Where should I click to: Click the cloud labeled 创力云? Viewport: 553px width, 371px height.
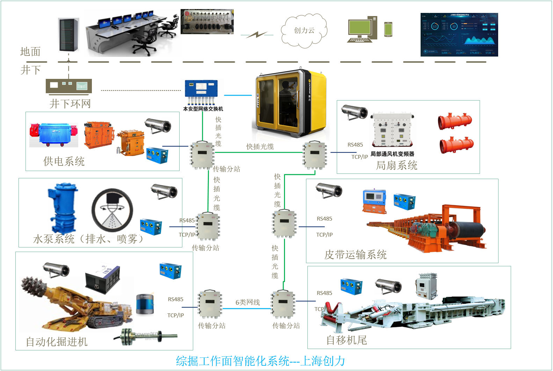click(x=304, y=31)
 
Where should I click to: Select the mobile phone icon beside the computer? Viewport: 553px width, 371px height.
click(x=388, y=29)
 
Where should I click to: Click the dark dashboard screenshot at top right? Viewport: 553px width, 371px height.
click(x=459, y=35)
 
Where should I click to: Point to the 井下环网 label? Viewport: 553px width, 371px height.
click(x=70, y=104)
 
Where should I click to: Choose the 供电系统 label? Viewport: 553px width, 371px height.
click(x=64, y=161)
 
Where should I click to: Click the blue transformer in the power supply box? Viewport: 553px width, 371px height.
click(x=54, y=134)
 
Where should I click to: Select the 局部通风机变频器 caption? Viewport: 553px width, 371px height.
click(x=392, y=154)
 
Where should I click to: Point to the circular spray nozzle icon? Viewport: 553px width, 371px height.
click(x=112, y=209)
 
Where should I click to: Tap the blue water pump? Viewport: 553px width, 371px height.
click(x=63, y=208)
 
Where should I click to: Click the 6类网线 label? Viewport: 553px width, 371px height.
click(x=247, y=302)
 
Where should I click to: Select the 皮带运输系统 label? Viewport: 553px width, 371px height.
click(x=355, y=254)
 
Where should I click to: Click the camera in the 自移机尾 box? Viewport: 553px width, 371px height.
click(x=388, y=286)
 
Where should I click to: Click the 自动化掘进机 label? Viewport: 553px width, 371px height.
click(x=57, y=342)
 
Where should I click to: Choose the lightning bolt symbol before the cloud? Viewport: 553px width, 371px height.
click(x=257, y=35)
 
